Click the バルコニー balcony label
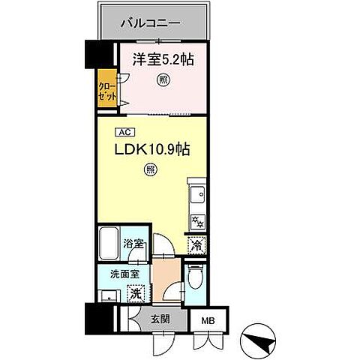coord(151,23)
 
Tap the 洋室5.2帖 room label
coord(159,58)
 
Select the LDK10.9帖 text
coord(151,149)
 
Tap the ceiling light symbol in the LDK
coord(151,170)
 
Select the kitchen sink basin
coord(199,196)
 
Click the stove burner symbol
coord(199,221)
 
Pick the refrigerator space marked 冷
coord(196,244)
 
